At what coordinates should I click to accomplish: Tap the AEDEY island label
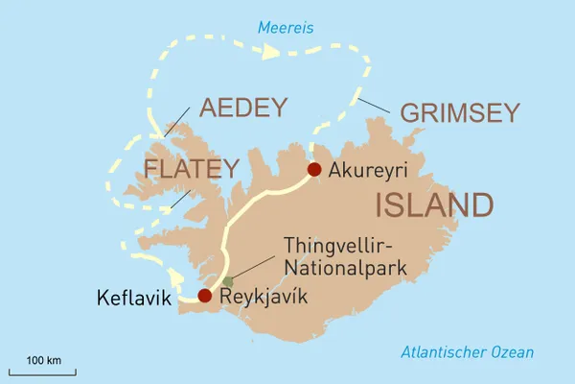pyautogui.click(x=242, y=108)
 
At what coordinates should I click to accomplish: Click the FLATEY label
pyautogui.click(x=191, y=170)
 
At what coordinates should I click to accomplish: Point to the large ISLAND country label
pyautogui.click(x=435, y=204)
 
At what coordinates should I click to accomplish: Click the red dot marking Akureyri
pyautogui.click(x=313, y=170)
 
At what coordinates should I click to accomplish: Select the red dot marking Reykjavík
pyautogui.click(x=204, y=296)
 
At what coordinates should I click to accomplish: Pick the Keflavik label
pyautogui.click(x=134, y=300)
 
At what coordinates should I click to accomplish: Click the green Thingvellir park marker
pyautogui.click(x=227, y=281)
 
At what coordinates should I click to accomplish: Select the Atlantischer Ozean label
pyautogui.click(x=467, y=352)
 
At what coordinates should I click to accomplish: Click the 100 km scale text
pyautogui.click(x=43, y=360)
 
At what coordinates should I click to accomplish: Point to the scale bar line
pyautogui.click(x=43, y=372)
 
